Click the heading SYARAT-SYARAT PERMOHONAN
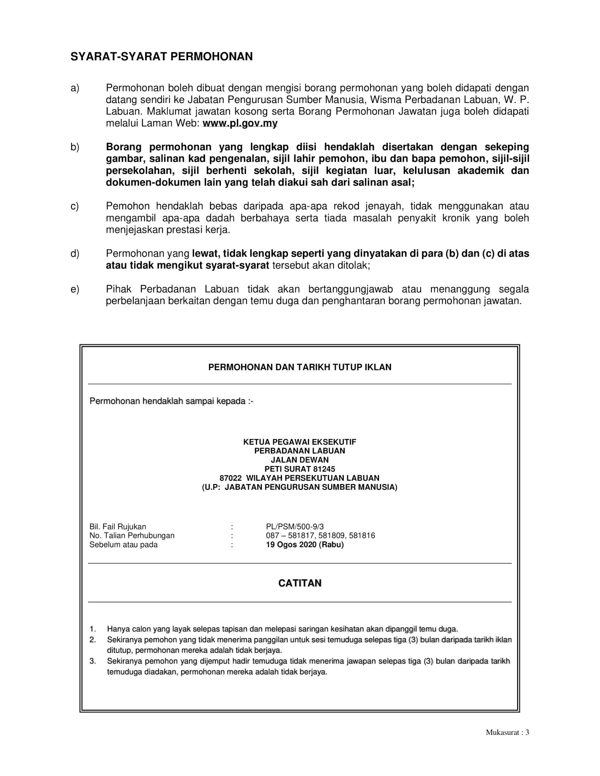tap(161, 57)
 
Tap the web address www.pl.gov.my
tap(240, 124)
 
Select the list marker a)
tap(75, 88)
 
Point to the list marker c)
tap(75, 207)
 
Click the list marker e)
tap(75, 289)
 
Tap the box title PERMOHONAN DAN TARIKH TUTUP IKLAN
tap(299, 367)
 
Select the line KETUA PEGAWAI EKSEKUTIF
tap(299, 442)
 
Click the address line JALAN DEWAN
tap(299, 460)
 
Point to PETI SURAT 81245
tap(299, 469)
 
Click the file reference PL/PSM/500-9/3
tap(295, 527)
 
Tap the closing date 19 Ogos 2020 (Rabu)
tap(305, 545)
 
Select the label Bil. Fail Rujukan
tap(117, 527)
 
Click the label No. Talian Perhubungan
tap(132, 536)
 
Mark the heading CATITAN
tap(299, 583)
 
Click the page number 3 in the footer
tap(527, 732)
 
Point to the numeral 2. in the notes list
tap(92, 640)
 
